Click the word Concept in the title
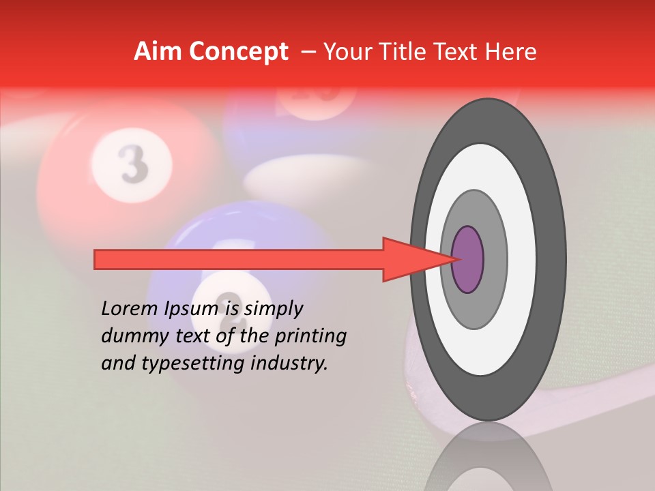[237, 52]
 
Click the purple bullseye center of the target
[468, 260]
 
